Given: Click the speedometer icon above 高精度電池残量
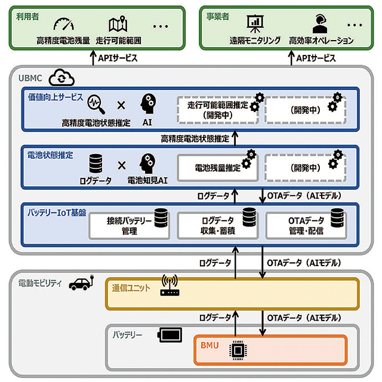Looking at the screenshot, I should click(x=62, y=25).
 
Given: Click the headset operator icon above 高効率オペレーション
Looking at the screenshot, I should click(x=318, y=24).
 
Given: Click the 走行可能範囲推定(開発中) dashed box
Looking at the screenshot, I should click(x=217, y=110).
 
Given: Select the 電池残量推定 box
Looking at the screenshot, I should click(x=217, y=168).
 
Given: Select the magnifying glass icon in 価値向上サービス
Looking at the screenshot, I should click(x=94, y=104).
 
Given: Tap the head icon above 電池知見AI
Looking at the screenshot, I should click(x=147, y=162).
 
